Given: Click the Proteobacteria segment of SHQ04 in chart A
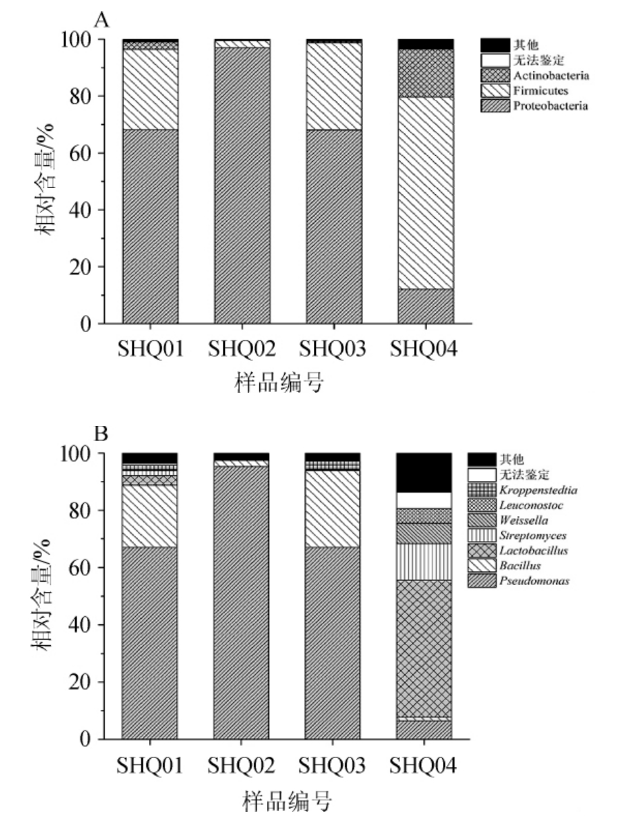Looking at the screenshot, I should pos(426,306).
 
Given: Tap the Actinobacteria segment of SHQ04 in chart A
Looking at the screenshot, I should pos(426,73).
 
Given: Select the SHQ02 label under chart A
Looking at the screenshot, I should pos(241,350).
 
